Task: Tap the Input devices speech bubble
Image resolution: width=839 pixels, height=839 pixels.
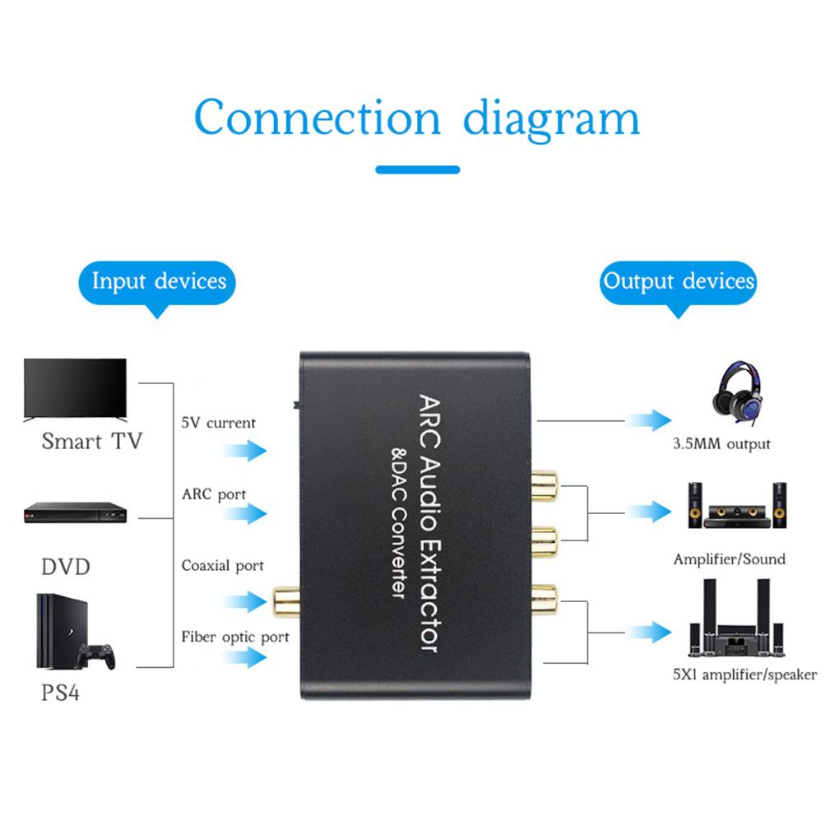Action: [x=158, y=282]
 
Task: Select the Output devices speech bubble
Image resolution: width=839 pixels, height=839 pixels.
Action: [x=679, y=282]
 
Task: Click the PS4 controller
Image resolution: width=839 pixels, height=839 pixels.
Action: [x=95, y=656]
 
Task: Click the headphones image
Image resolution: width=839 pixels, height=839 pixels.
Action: [x=737, y=393]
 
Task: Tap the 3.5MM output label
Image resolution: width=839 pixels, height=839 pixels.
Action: [x=721, y=444]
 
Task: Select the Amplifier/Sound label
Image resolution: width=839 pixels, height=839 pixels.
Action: [x=729, y=559]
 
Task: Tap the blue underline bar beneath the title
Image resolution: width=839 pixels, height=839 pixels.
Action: [x=417, y=169]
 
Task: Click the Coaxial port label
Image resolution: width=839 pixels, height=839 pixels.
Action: [x=222, y=566]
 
